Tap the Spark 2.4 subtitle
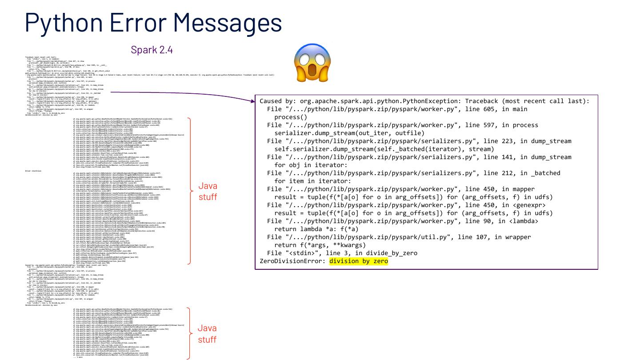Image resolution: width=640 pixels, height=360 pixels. click(152, 50)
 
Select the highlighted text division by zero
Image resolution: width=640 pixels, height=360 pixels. click(359, 261)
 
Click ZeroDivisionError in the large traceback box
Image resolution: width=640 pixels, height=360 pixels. click(293, 261)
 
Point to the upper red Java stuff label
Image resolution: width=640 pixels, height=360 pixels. click(207, 192)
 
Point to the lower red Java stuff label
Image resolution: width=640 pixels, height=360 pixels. click(207, 334)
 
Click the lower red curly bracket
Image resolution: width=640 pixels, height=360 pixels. click(190, 333)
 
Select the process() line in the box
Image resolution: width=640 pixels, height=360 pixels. click(291, 117)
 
